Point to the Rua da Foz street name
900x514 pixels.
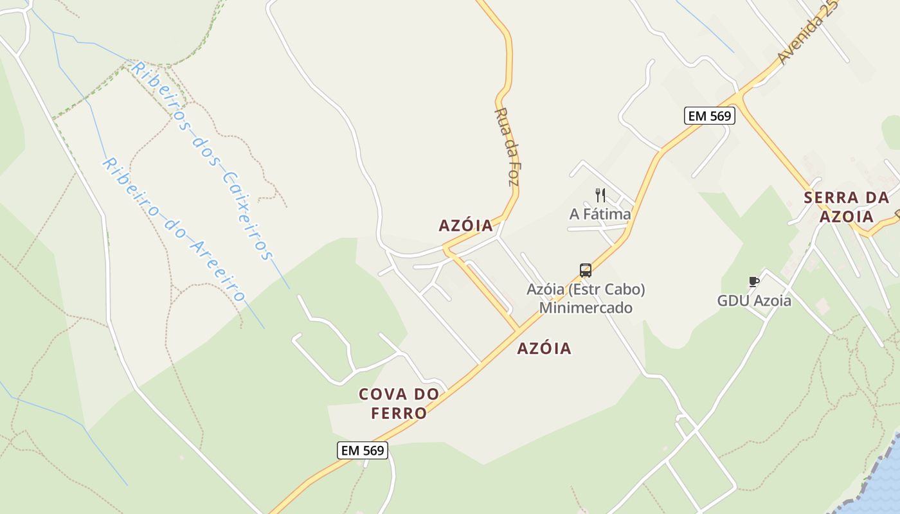[x=506, y=146]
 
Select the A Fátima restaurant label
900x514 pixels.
[x=600, y=214]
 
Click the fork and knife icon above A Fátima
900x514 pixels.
[x=600, y=195]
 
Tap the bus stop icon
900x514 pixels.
[x=585, y=270]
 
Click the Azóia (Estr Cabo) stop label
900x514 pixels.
[x=586, y=289]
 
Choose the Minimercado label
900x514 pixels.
[x=586, y=308]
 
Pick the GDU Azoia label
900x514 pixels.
[x=754, y=300]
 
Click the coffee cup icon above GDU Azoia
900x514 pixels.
[x=754, y=281]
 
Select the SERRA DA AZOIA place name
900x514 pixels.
[x=846, y=207]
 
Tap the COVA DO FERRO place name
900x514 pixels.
[x=399, y=403]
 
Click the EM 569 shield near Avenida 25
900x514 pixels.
[x=709, y=116]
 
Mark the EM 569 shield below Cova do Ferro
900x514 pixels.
[x=363, y=450]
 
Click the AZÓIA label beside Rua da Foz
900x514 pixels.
[x=465, y=226]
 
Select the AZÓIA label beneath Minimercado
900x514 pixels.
[x=544, y=348]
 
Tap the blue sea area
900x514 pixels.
[x=884, y=479]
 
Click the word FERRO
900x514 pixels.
[x=399, y=413]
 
